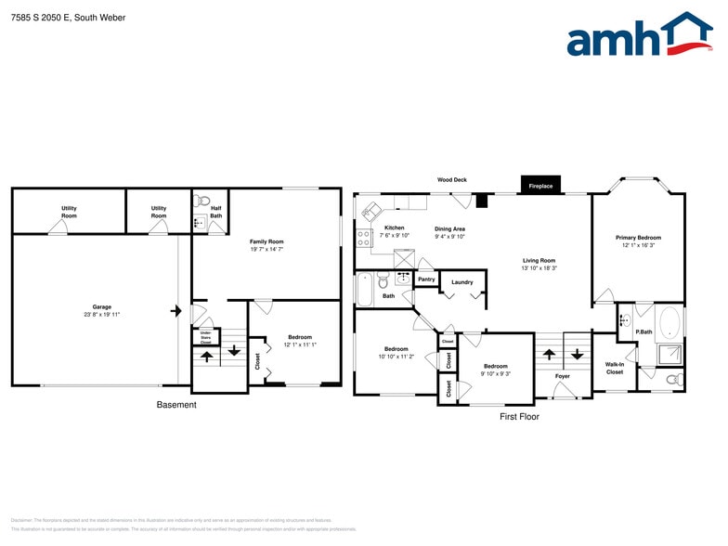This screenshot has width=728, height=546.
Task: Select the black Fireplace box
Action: (x=540, y=186)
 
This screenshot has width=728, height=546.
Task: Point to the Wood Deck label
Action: (x=452, y=179)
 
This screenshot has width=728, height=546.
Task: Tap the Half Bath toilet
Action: (x=205, y=200)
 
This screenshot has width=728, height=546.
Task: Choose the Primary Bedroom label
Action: (x=638, y=238)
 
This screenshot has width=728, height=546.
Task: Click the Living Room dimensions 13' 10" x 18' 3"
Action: (x=539, y=268)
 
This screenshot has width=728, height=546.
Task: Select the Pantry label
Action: (x=426, y=279)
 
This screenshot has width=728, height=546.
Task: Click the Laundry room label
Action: (x=462, y=282)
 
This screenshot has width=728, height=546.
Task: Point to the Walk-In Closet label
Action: (x=615, y=369)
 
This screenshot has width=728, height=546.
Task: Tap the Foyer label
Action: (x=563, y=376)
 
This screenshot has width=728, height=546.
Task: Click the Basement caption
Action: (x=176, y=405)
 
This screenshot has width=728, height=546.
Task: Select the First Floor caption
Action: (x=519, y=417)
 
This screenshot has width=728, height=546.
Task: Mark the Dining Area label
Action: (x=449, y=228)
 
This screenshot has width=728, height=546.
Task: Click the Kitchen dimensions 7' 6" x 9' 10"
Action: (x=395, y=236)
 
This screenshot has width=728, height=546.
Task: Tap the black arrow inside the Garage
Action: (x=175, y=311)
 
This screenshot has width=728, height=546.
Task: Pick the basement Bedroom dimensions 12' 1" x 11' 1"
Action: (x=300, y=344)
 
